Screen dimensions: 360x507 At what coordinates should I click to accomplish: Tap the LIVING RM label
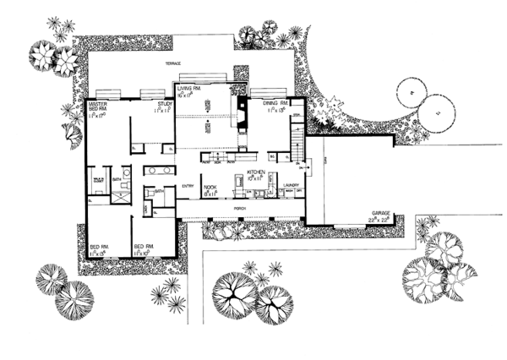(x=187, y=88)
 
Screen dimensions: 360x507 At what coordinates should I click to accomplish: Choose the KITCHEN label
(x=257, y=172)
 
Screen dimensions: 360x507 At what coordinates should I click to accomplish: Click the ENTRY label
(x=188, y=185)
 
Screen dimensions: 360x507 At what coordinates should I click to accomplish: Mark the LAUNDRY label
(x=293, y=180)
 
